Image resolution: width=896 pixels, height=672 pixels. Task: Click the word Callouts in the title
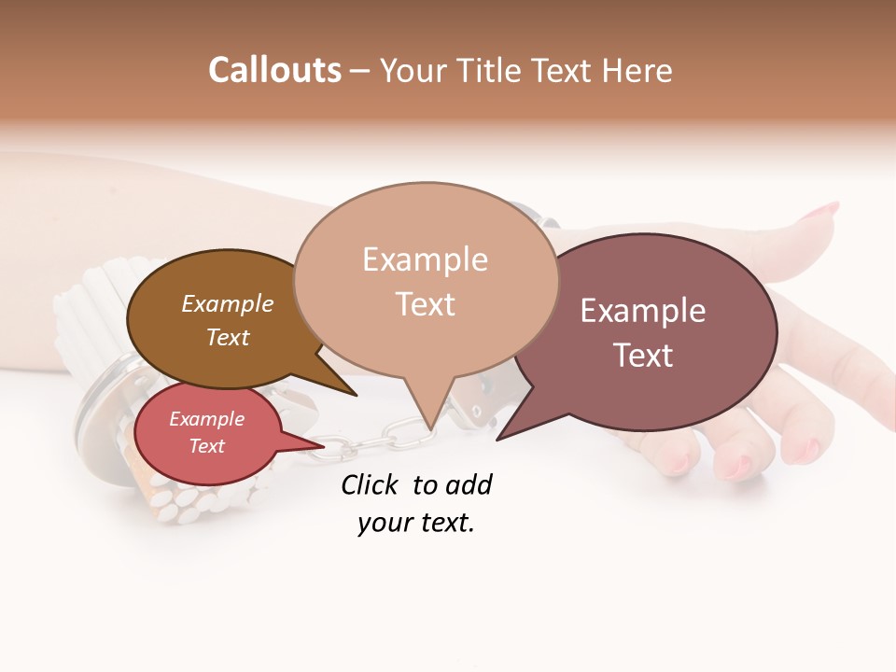point(274,70)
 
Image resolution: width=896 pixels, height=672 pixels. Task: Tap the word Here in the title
point(637,71)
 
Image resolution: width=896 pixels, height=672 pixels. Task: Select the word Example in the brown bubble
point(228,303)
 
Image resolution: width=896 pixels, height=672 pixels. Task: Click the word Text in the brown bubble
point(228,337)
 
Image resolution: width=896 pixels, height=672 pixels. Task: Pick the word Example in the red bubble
point(206,419)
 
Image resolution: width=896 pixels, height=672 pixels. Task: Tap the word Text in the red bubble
point(207,446)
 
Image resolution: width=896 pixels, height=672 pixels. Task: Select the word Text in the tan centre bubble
point(426,303)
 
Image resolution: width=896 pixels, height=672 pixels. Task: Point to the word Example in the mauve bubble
point(643,310)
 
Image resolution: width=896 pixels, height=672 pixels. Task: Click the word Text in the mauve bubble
point(643,355)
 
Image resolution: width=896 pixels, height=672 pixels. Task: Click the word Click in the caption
point(371,484)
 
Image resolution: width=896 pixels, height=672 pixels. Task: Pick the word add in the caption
point(469,484)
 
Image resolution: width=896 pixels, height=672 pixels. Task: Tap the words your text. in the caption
point(416,523)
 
